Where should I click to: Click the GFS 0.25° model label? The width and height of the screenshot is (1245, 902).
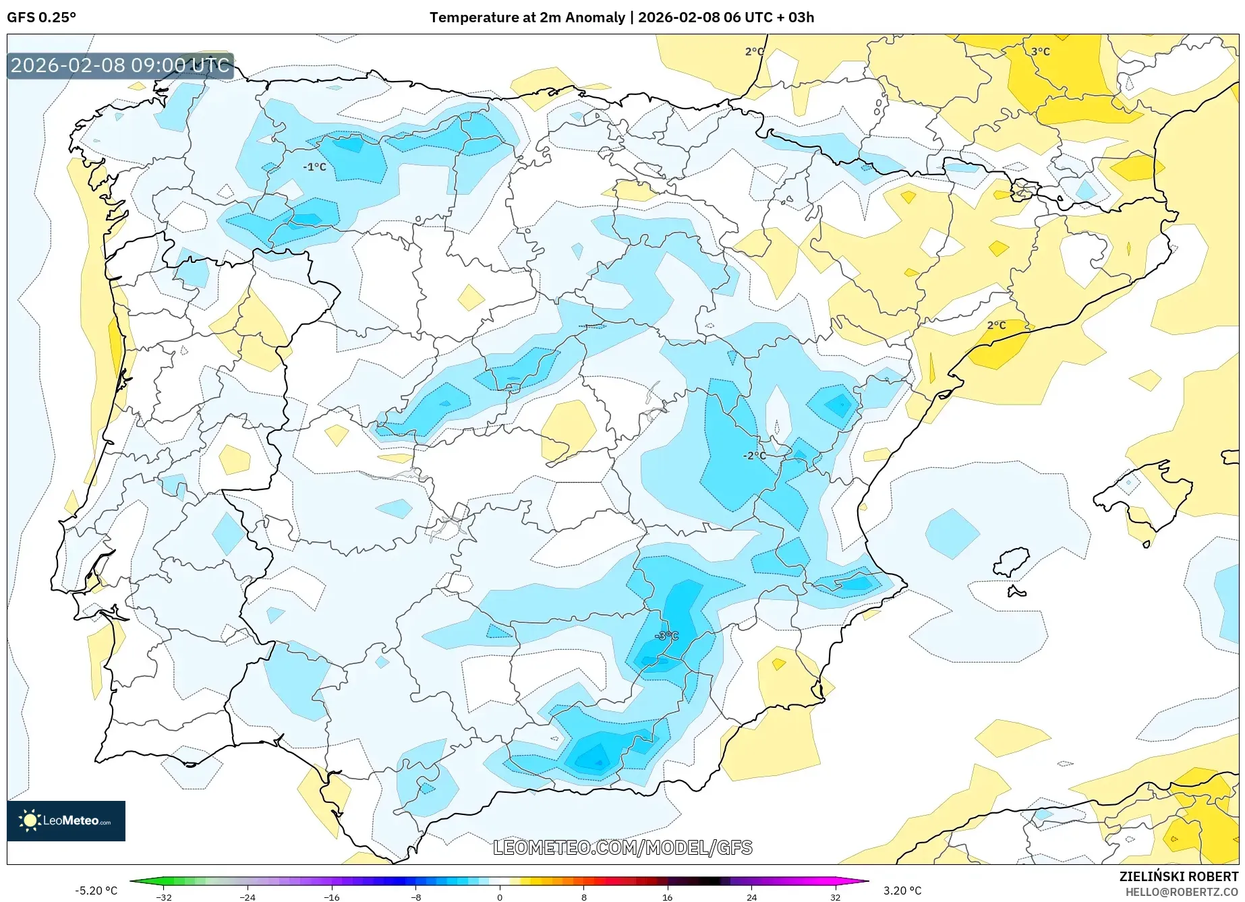coord(41,18)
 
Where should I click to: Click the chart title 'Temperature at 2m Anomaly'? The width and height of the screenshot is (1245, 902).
coord(527,18)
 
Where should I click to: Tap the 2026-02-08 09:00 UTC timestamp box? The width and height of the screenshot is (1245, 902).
coord(120,65)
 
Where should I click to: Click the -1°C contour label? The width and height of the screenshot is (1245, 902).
coord(314,167)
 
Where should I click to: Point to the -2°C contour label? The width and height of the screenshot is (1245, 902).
coord(754,456)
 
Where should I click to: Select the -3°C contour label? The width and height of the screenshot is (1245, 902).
coord(666,636)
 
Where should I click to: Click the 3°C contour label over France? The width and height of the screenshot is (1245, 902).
coord(1040,51)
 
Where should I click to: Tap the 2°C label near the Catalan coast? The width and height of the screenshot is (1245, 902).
coord(996,325)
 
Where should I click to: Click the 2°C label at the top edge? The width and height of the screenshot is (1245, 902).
coord(754,51)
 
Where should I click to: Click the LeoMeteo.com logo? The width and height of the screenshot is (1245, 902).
coord(66,820)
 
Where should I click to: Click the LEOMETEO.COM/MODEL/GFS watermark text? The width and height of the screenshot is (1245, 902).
coord(622,847)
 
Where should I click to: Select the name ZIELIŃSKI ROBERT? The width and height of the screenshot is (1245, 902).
coord(1179,877)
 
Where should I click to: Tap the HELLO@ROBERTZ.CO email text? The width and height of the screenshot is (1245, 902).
coord(1182,892)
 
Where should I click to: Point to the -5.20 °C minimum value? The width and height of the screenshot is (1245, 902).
coord(96,891)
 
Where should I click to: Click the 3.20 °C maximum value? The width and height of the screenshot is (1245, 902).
coord(902,891)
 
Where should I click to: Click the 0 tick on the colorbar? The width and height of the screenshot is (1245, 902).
coord(500,897)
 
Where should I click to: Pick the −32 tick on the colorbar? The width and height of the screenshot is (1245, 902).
coord(163,897)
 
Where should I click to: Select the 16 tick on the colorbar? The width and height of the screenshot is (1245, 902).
coord(667,897)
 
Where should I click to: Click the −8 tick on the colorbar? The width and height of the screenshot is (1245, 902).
coord(415,897)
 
